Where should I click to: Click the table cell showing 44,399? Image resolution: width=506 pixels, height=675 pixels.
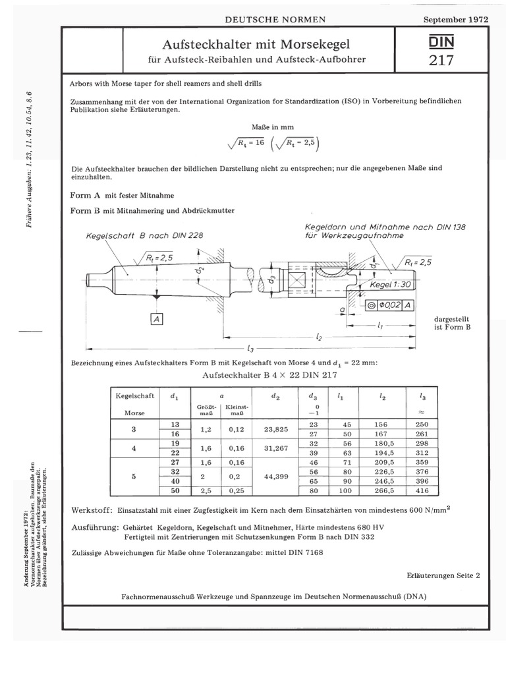click(x=272, y=477)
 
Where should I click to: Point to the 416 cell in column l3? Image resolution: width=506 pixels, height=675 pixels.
click(x=422, y=491)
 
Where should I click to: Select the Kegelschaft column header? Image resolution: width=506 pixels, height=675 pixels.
click(x=134, y=396)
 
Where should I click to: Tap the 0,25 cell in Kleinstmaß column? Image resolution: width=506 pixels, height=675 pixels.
click(x=237, y=491)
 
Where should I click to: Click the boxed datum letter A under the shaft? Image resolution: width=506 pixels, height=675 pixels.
click(x=156, y=319)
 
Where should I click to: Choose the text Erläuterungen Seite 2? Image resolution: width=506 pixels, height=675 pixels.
click(x=443, y=575)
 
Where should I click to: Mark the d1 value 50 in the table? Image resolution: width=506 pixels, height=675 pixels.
click(x=175, y=491)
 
